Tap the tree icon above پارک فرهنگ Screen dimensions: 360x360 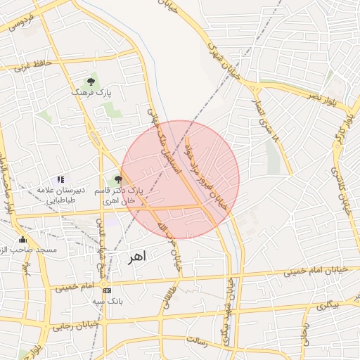click(x=91, y=82)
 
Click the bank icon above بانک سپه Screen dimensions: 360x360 click(x=107, y=290)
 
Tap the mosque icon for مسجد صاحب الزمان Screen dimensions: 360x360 click(x=22, y=239)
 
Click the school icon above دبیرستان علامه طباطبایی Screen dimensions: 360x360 click(x=60, y=180)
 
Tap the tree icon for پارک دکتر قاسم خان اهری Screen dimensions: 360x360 click(x=117, y=179)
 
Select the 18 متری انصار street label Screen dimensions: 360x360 click(x=272, y=129)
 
